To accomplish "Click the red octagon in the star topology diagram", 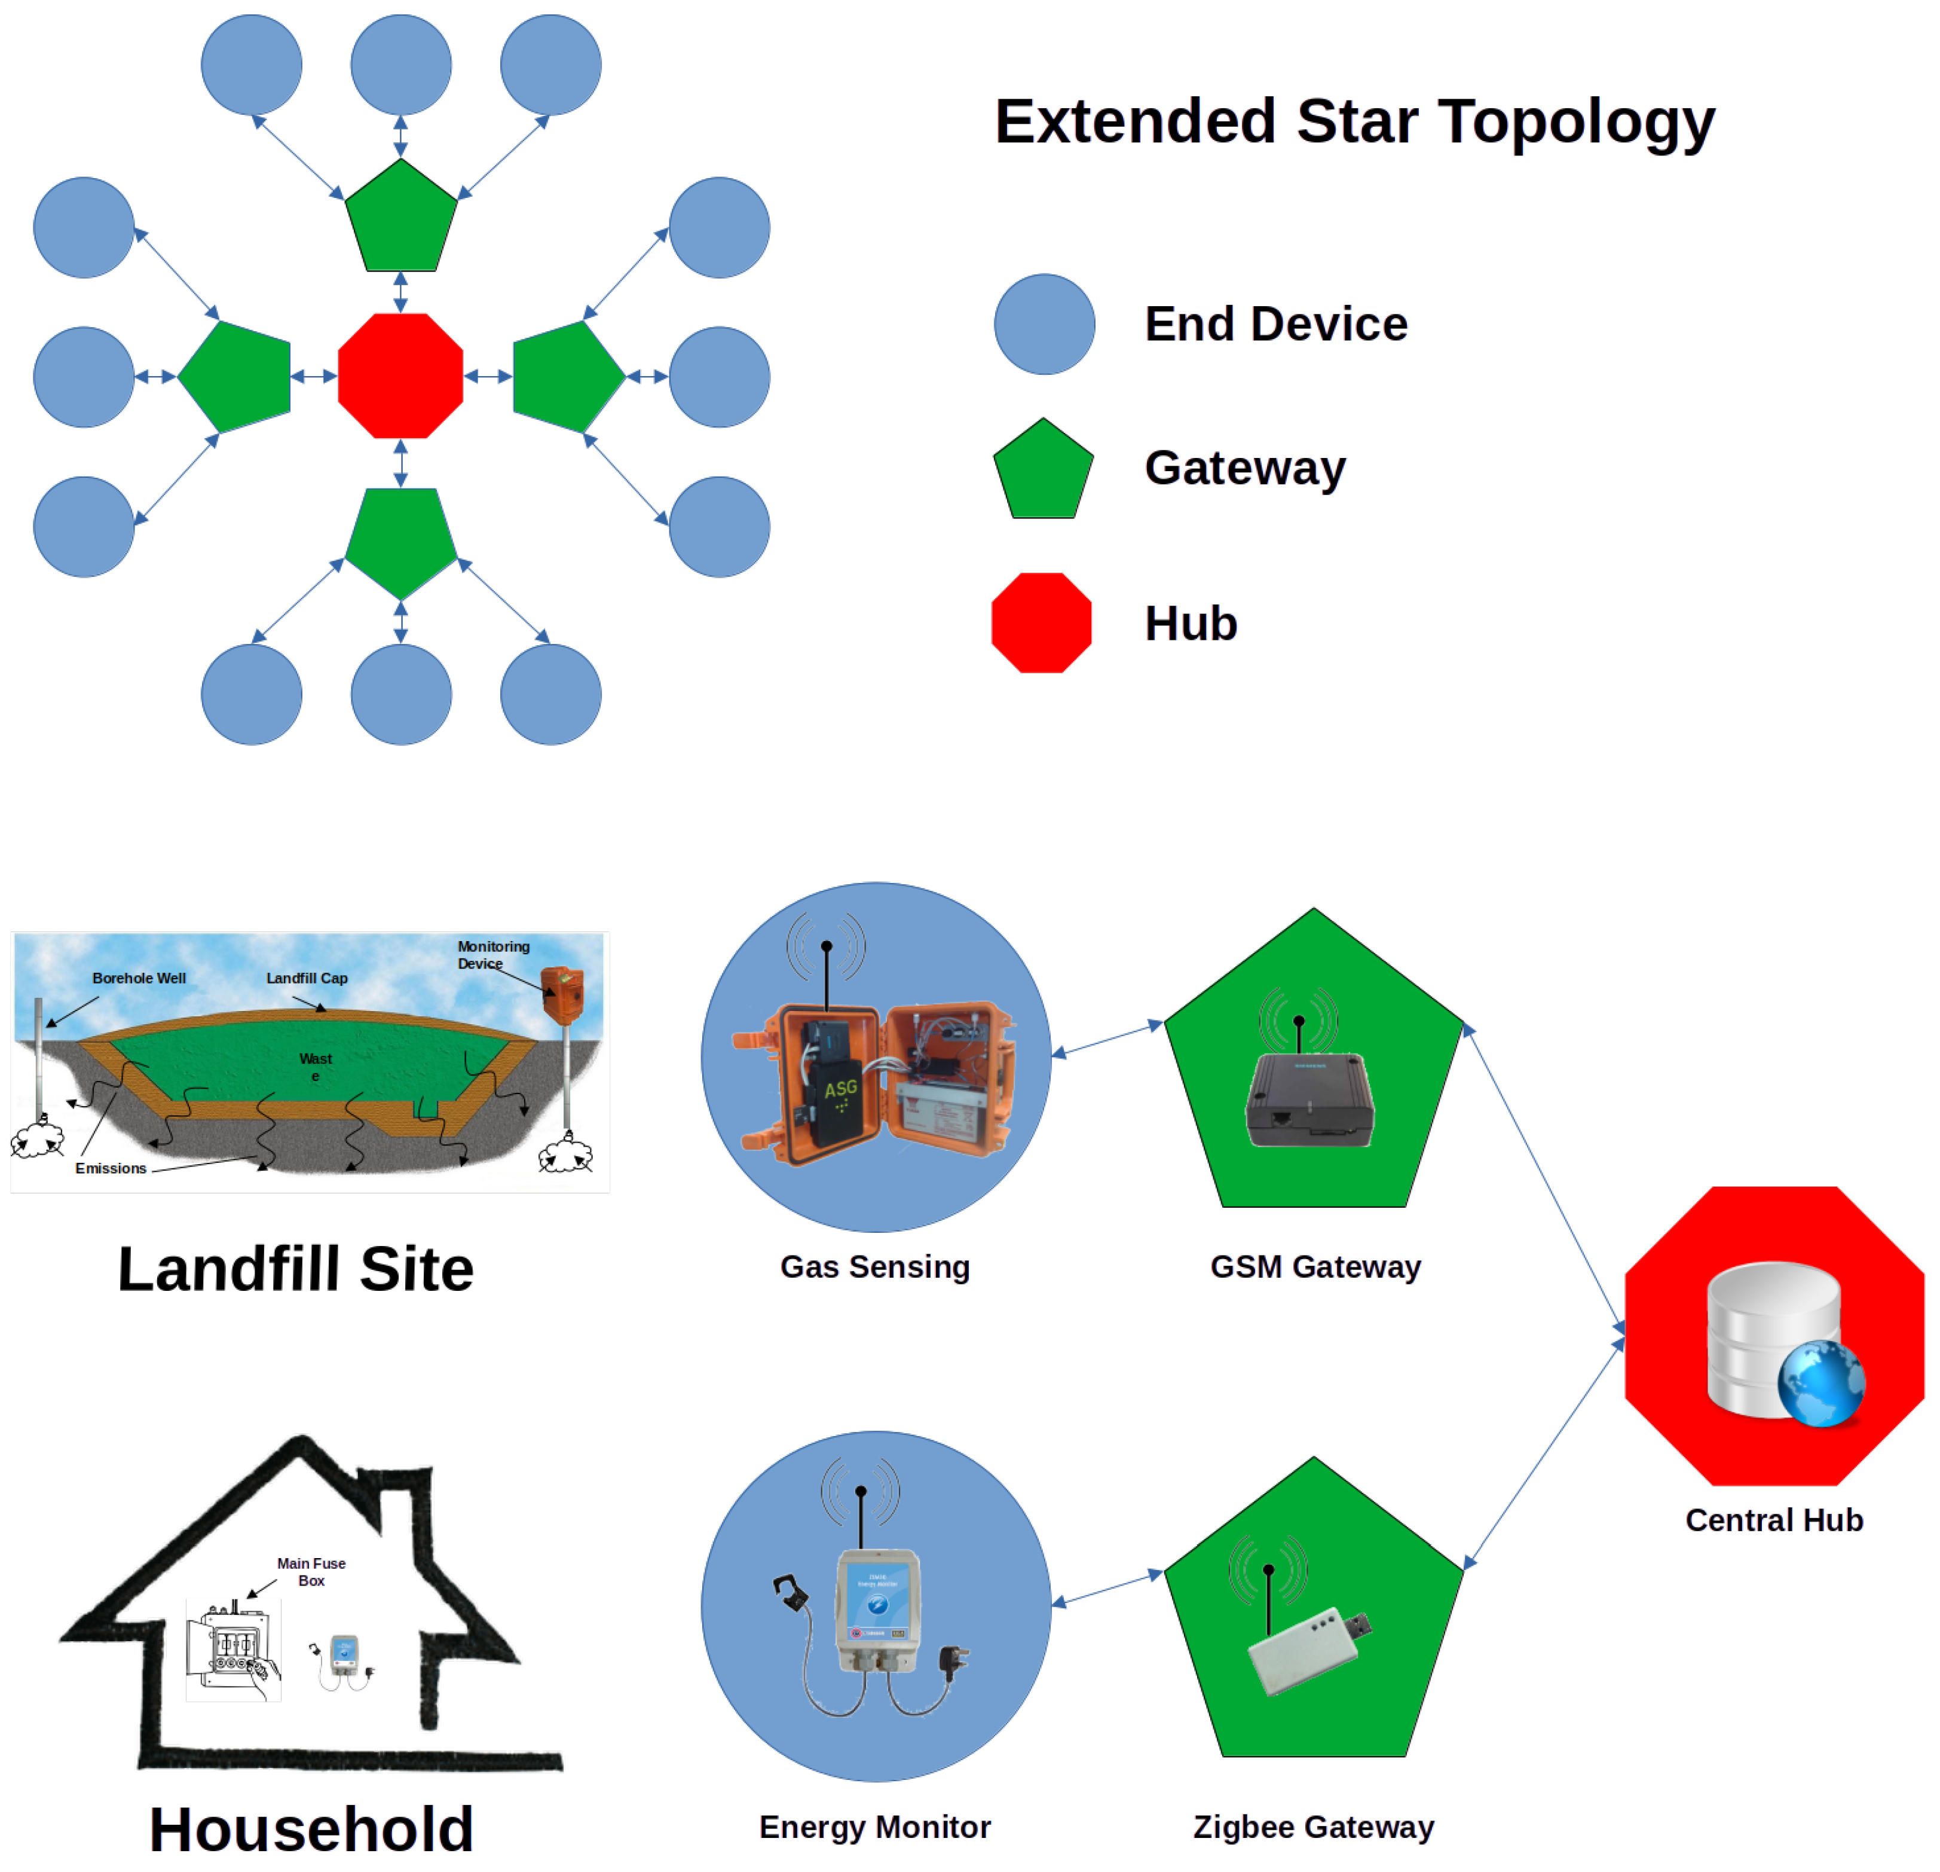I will click(401, 376).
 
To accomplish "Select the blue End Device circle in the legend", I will click(1044, 325).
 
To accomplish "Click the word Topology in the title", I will click(1576, 122).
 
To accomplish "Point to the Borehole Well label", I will click(139, 978).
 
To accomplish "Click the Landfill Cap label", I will click(307, 978).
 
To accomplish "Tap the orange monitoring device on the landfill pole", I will click(562, 994).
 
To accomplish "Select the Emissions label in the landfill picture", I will click(111, 1168).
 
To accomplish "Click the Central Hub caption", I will click(1774, 1520).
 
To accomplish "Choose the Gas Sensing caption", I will click(875, 1267).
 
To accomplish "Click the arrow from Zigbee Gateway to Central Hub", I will click(1544, 1455).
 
